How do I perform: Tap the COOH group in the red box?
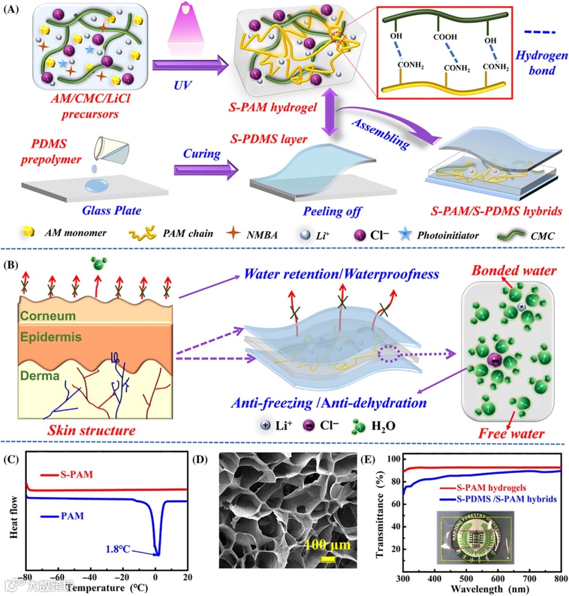coord(445,37)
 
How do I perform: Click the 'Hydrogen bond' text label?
coord(541,62)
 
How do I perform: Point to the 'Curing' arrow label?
coord(201,153)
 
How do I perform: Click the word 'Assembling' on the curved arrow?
coord(380,134)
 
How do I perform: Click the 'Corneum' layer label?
coord(48,316)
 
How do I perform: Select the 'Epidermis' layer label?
coord(51,336)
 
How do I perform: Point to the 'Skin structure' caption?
coord(91,430)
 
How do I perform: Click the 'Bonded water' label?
coord(514,271)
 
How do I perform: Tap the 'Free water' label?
coord(511,434)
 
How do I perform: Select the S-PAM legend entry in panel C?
coord(76,474)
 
